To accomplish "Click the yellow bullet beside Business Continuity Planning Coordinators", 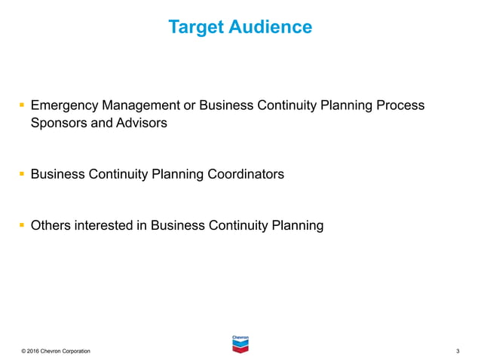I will click(22, 175).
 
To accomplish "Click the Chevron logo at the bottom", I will click(240, 343).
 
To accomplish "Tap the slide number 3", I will click(458, 352).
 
